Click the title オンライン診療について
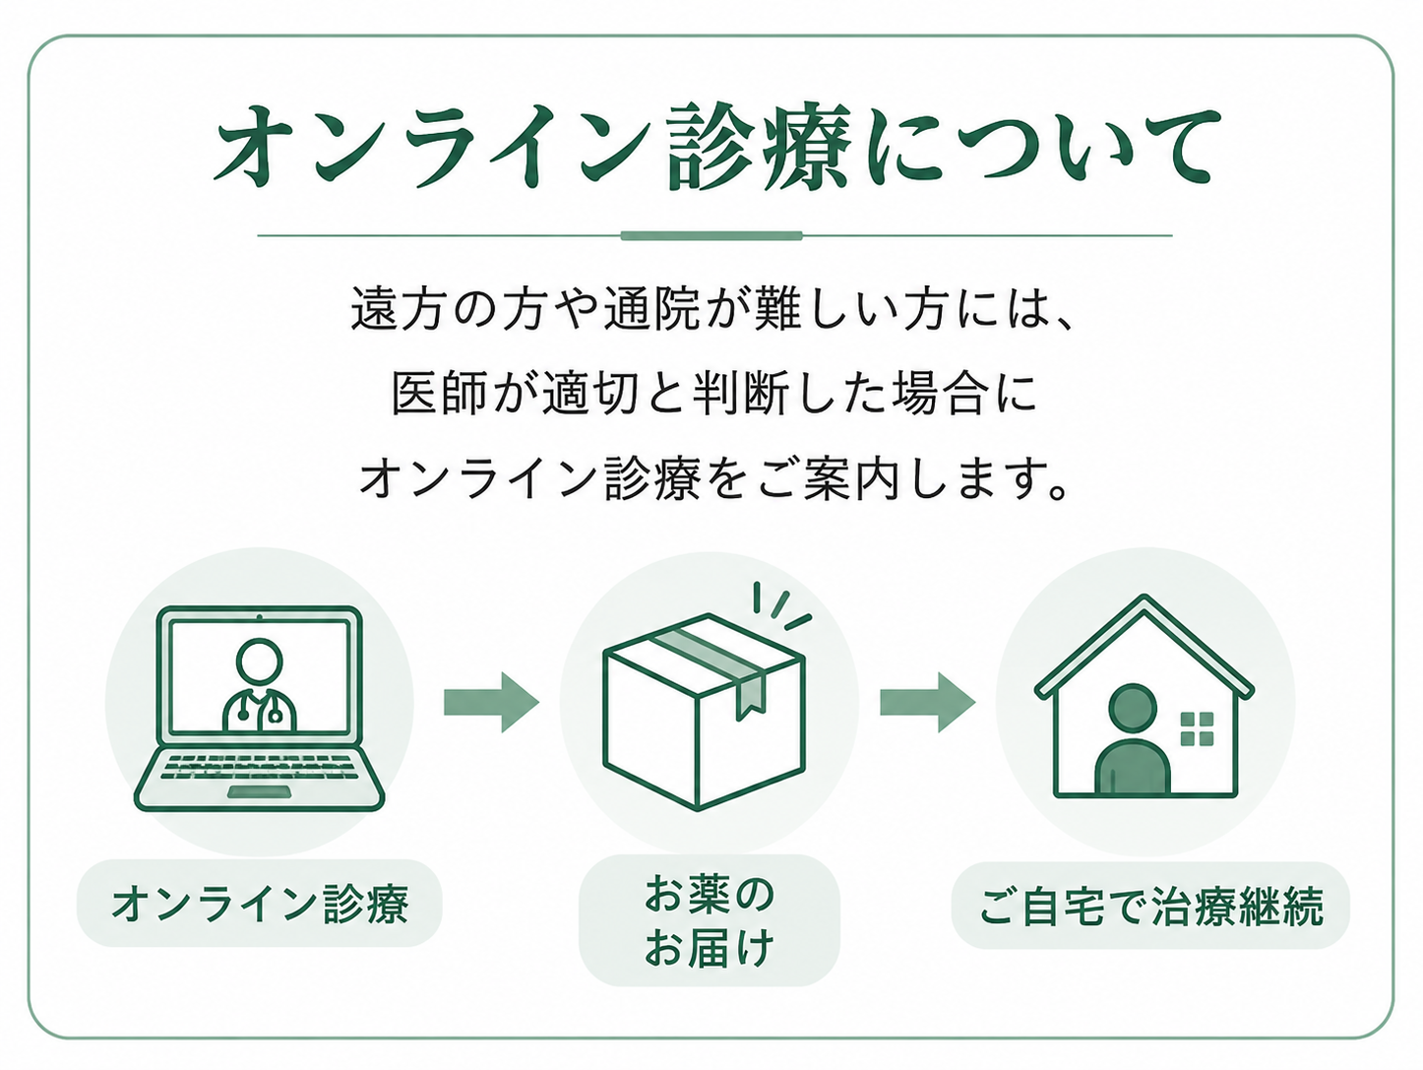(x=717, y=147)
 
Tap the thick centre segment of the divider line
(x=711, y=235)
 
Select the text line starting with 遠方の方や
(x=712, y=308)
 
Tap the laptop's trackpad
(x=259, y=791)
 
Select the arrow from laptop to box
(x=491, y=702)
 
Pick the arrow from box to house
(x=927, y=702)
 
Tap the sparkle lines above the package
(x=781, y=606)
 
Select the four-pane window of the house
(x=1197, y=728)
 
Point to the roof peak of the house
(x=1145, y=597)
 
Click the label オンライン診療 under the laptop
(x=260, y=904)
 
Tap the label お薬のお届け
(x=710, y=920)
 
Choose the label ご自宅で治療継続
(x=1150, y=906)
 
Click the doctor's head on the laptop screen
(x=260, y=661)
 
